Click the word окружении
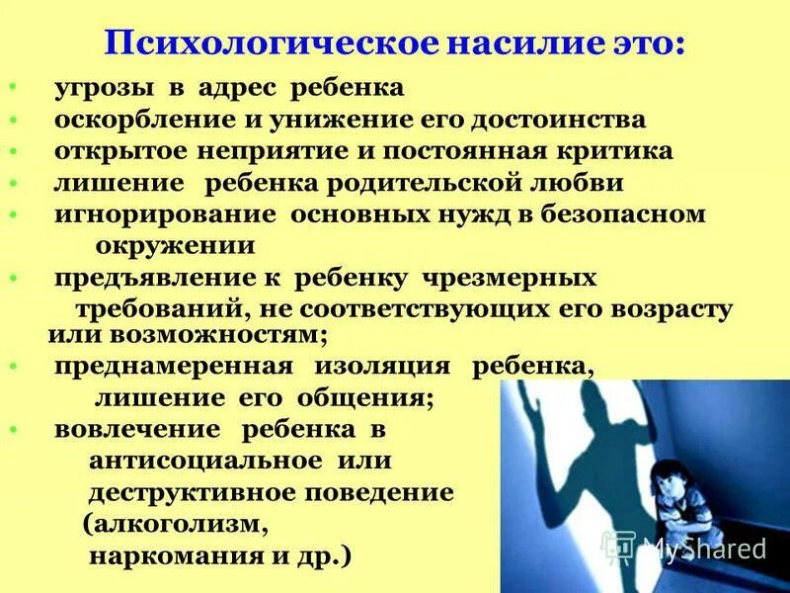coord(174,244)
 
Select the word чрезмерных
coord(512,278)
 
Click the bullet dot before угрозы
coord(12,88)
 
